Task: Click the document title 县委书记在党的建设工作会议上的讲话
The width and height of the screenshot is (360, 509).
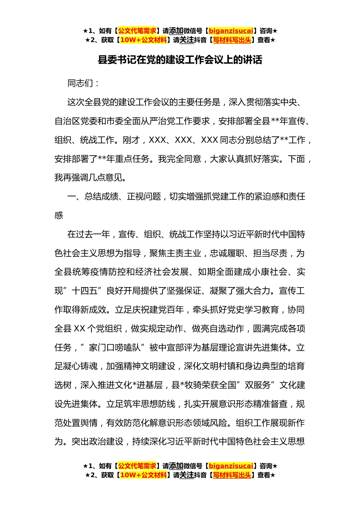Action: click(x=180, y=60)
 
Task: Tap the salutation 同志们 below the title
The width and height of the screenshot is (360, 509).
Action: click(x=80, y=83)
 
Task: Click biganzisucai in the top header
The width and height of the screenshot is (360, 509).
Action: click(x=231, y=31)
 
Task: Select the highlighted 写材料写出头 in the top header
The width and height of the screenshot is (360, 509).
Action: click(x=232, y=40)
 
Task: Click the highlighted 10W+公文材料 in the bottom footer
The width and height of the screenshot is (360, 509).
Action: click(x=143, y=475)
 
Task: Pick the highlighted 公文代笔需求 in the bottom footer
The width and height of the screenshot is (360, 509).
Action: click(x=137, y=466)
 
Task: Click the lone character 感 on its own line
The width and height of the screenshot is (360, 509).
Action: click(x=59, y=215)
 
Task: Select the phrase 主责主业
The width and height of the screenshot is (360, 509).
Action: click(x=184, y=253)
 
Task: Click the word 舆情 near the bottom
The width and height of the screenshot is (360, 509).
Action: click(x=89, y=423)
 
